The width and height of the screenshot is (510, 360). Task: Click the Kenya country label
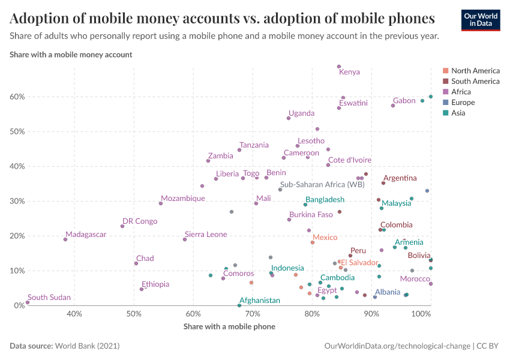click(x=349, y=72)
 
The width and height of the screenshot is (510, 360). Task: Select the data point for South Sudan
click(x=28, y=302)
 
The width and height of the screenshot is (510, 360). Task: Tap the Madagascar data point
click(x=65, y=239)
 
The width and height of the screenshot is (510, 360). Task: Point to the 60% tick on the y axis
click(x=16, y=97)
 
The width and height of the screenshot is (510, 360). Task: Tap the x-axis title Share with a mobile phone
click(x=229, y=326)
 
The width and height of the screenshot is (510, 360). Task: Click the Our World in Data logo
click(x=480, y=19)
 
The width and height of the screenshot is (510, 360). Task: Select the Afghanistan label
click(x=259, y=300)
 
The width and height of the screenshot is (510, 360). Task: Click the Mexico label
click(x=325, y=238)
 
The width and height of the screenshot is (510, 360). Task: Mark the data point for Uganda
click(x=289, y=118)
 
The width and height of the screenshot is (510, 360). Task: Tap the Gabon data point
click(x=393, y=106)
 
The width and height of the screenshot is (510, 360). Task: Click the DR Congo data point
click(x=122, y=226)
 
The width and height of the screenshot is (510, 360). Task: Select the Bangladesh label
click(x=325, y=199)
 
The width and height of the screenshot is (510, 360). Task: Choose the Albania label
click(x=387, y=292)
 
